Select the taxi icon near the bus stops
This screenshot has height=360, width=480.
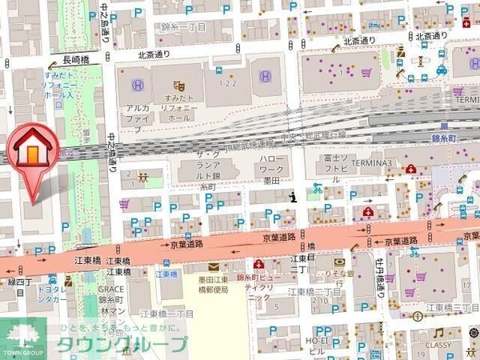point(441,70)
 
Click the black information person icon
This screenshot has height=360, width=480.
point(294,195)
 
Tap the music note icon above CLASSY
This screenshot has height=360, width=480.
point(438,332)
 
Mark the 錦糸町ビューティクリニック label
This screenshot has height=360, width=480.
point(264,285)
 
